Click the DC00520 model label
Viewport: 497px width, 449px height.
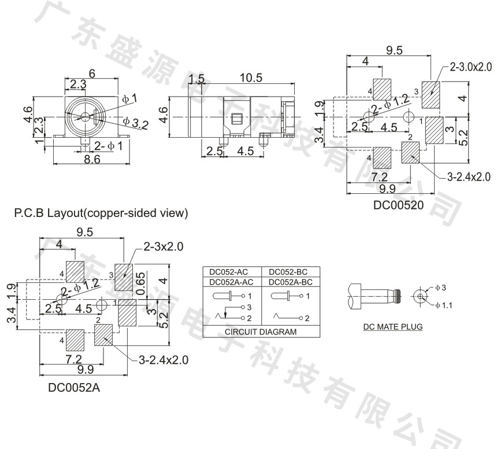pos(398,204)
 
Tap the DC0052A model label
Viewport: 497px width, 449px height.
pos(74,388)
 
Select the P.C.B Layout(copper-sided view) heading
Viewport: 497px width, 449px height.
pos(101,214)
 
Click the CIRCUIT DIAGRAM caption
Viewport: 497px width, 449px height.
pos(261,332)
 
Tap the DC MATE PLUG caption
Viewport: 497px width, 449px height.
pos(393,327)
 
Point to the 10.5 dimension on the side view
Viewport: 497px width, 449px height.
pos(250,78)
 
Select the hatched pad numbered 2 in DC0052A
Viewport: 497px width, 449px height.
pos(104,335)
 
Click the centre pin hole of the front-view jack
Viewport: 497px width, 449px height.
pos(87,116)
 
